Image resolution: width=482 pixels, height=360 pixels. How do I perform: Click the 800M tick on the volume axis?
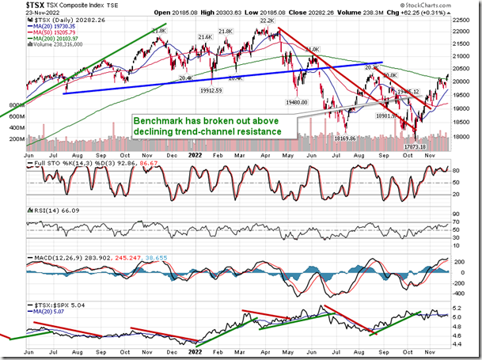click(16, 104)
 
